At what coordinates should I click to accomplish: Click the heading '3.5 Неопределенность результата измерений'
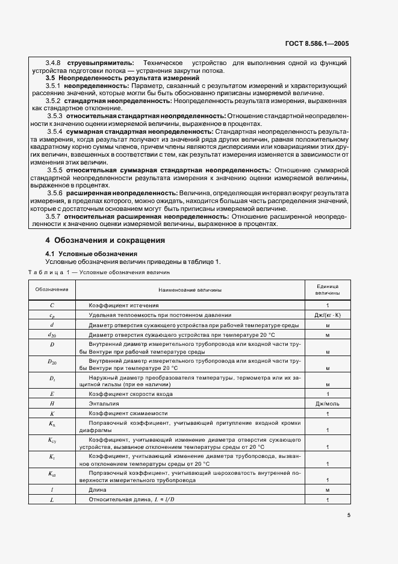[122, 78]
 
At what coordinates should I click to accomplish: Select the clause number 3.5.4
[55, 130]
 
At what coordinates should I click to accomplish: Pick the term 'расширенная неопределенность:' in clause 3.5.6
[113, 192]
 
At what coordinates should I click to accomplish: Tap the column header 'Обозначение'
[52, 290]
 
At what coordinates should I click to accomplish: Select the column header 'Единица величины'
[327, 290]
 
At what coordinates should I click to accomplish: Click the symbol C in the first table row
[52, 305]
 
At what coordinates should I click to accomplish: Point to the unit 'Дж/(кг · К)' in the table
[327, 315]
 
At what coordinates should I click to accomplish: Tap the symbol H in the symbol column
[52, 403]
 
